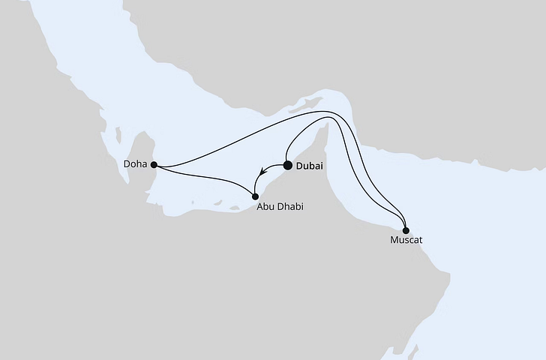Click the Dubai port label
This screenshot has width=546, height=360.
[311, 167]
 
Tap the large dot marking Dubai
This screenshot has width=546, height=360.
[287, 166]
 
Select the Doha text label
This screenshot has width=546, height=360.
[136, 164]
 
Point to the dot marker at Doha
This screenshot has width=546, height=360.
[154, 164]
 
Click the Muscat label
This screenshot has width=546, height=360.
[406, 241]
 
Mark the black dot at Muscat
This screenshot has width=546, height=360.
[406, 229]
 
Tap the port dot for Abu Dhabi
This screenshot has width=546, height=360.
[255, 196]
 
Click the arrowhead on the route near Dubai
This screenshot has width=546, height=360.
[262, 171]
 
